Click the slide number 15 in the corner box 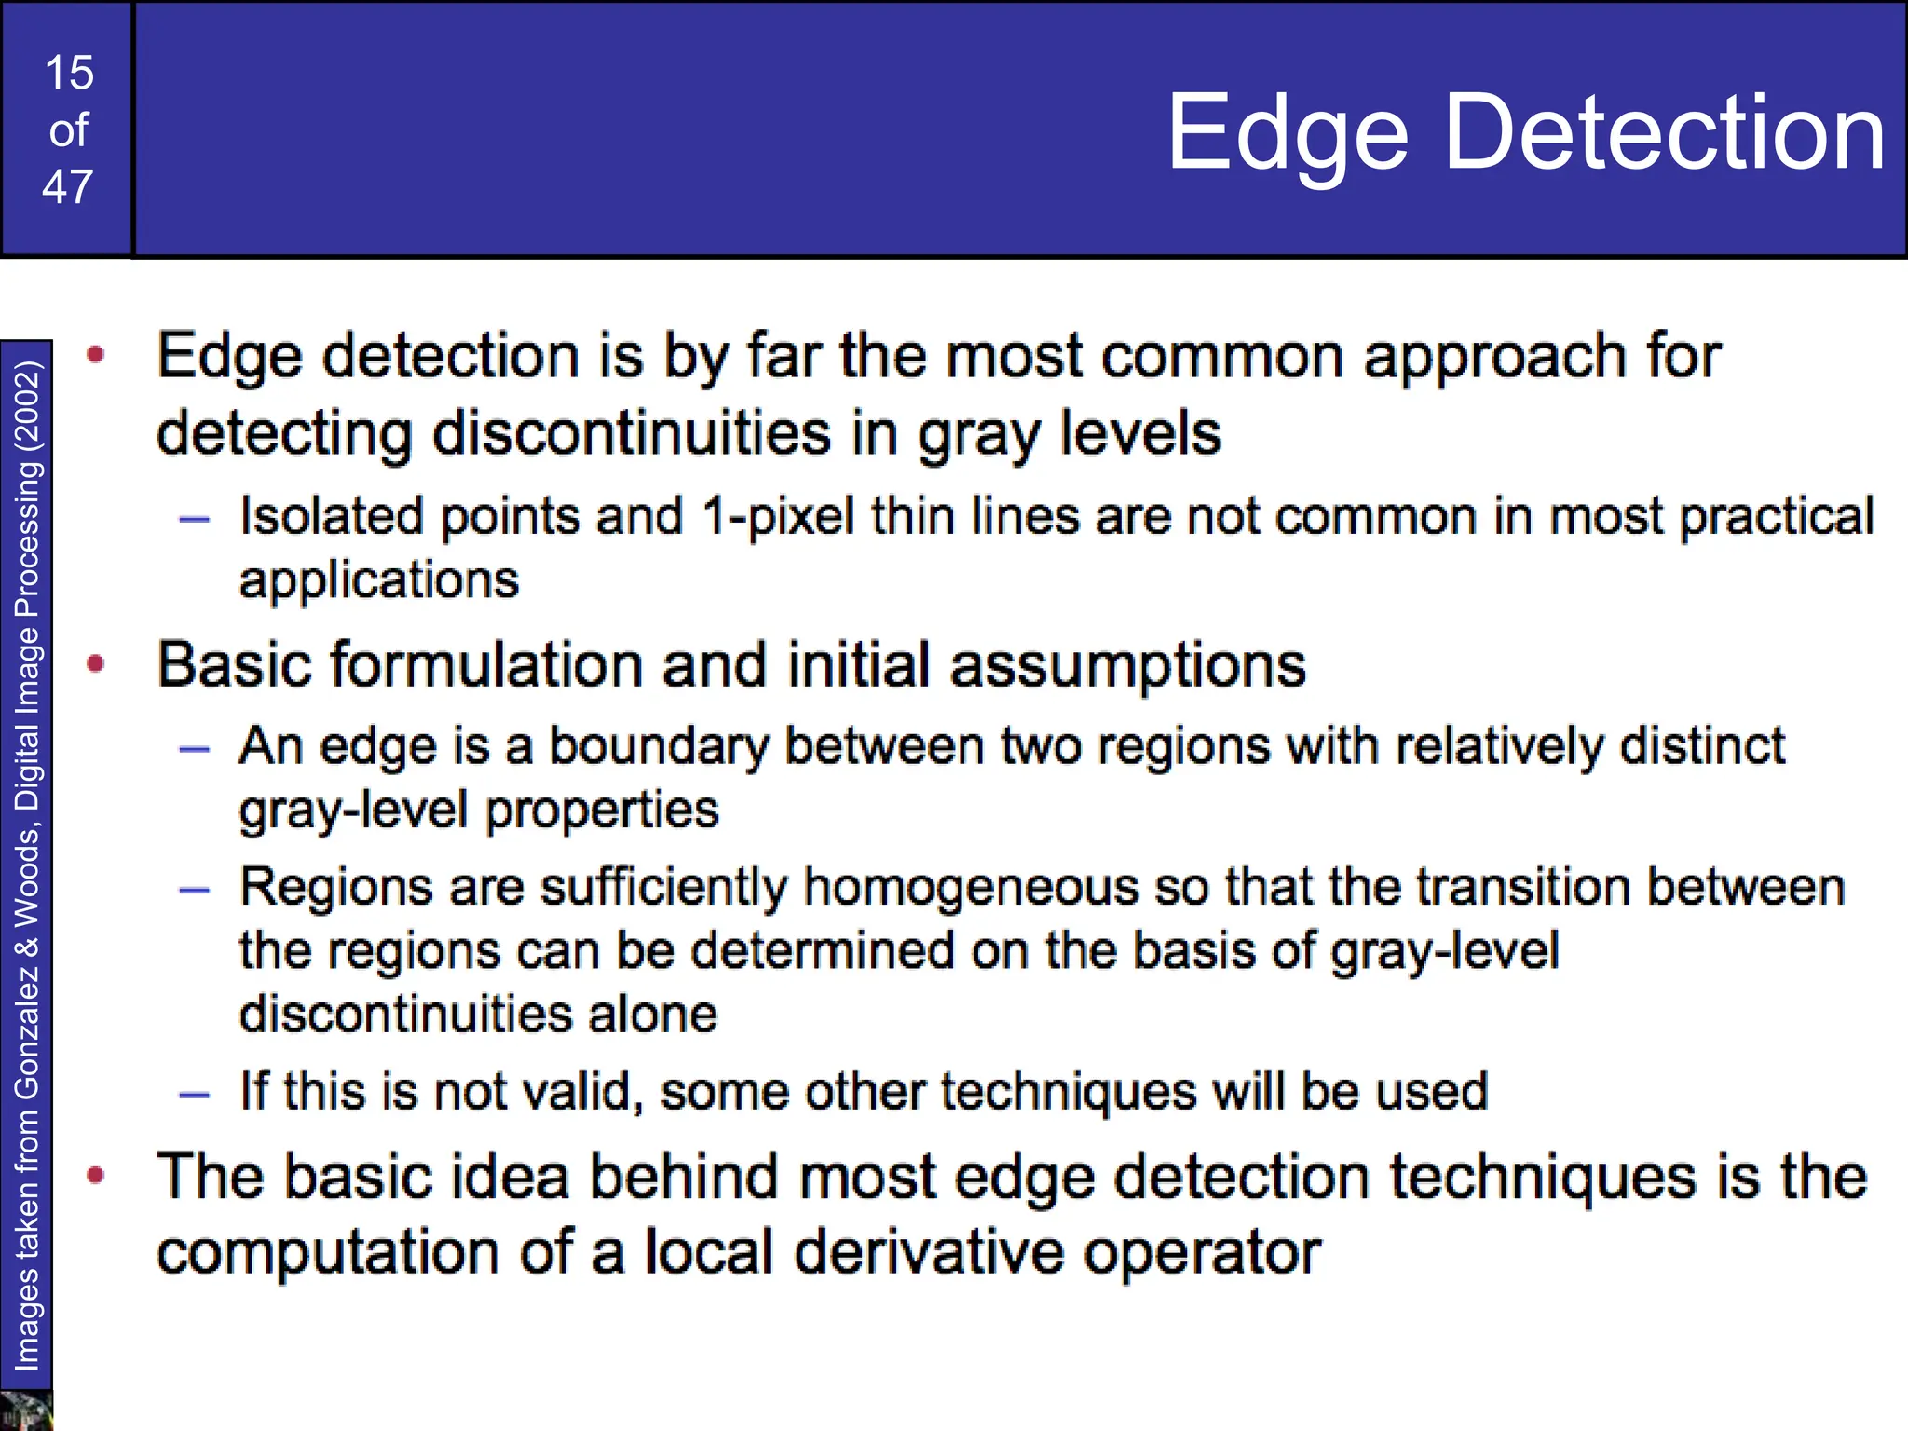(x=69, y=73)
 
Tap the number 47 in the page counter (x=68, y=187)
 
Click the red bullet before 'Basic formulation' (x=95, y=663)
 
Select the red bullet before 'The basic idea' (x=95, y=1175)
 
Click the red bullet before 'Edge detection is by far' (x=95, y=354)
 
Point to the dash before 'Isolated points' (x=194, y=520)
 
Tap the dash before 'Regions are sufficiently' (x=194, y=891)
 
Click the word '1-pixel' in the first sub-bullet (x=777, y=517)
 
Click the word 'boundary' (x=659, y=746)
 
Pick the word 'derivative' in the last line (x=928, y=1251)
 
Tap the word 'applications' (x=378, y=581)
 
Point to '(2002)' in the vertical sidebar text (x=27, y=406)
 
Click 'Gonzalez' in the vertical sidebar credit (x=27, y=1030)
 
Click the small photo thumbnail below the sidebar (x=25, y=1411)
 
